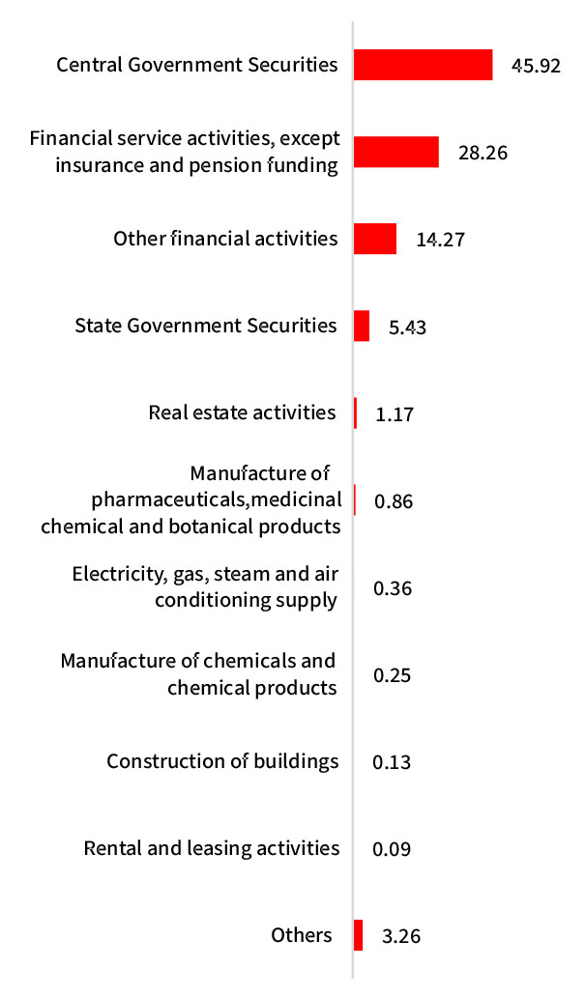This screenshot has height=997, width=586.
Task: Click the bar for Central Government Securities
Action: tap(423, 65)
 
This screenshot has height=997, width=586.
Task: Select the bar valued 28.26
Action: tap(396, 152)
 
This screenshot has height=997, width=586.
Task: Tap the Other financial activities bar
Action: tap(374, 239)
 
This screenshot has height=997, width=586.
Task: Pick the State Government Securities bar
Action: tap(362, 326)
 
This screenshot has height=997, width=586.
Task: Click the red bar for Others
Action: tap(358, 935)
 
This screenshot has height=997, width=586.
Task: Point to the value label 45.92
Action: tap(536, 67)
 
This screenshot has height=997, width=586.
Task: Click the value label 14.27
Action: tap(440, 240)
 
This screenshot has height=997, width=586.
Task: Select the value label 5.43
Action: tap(406, 327)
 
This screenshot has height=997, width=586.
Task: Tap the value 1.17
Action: tap(395, 413)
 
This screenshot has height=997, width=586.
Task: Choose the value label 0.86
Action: tap(393, 501)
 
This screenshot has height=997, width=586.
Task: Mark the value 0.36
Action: tap(393, 588)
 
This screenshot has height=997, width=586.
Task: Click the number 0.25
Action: tap(392, 675)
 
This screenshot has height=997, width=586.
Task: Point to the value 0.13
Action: tap(392, 762)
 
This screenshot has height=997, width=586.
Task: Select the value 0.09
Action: tap(392, 849)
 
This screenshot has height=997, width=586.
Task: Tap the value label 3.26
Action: tap(400, 936)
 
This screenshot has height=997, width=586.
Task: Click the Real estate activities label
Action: tap(242, 413)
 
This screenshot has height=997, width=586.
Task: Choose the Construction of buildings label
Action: tap(222, 761)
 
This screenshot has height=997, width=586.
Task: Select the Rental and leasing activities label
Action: tap(212, 848)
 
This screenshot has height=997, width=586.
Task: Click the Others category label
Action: tap(301, 934)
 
